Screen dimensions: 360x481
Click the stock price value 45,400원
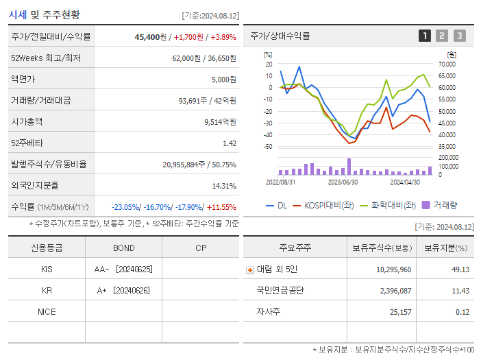(151, 36)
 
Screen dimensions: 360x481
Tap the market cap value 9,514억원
(220, 121)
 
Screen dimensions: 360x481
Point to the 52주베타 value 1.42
(230, 143)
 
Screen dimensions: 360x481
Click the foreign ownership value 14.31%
(224, 185)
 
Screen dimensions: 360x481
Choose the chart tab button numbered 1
(425, 36)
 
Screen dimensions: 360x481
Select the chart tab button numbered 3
(459, 36)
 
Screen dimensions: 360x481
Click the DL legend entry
(276, 205)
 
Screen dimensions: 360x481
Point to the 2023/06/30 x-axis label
(343, 182)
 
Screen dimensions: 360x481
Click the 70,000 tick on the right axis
(446, 64)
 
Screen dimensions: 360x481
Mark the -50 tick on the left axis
(267, 147)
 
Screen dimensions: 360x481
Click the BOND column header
(124, 248)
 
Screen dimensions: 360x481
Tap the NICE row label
(47, 312)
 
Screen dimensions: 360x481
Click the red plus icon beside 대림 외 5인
(249, 269)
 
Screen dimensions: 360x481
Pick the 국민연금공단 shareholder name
(280, 291)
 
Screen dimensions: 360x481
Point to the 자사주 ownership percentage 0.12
(462, 312)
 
